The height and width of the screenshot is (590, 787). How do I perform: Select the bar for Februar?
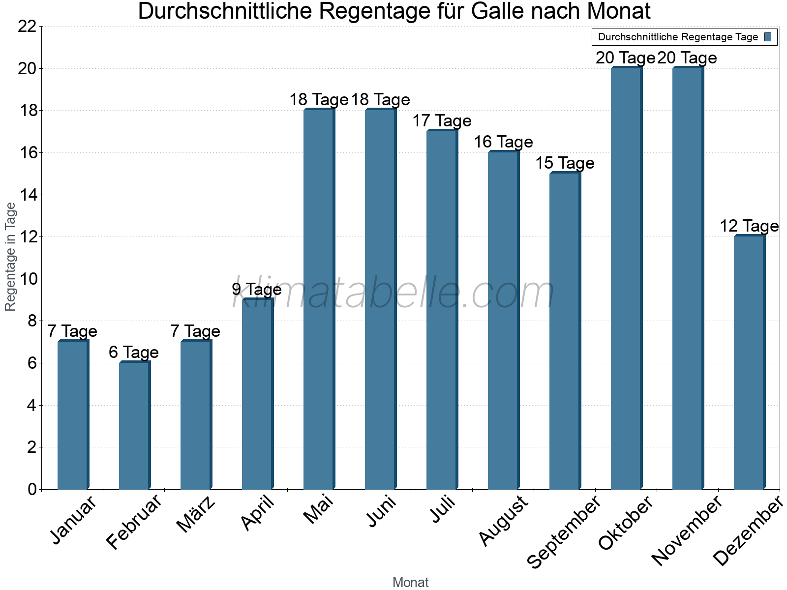click(134, 426)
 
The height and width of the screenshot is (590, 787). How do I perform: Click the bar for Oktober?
click(626, 278)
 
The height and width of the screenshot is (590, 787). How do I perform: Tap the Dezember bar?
click(749, 363)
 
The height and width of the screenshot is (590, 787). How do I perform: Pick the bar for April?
click(257, 394)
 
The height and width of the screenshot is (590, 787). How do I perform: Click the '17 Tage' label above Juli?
click(442, 121)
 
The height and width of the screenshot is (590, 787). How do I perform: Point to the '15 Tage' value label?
click(565, 163)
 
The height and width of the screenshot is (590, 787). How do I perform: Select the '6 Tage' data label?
click(134, 353)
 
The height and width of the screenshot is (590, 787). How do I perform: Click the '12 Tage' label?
click(749, 226)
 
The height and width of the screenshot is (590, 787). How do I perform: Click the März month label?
click(196, 514)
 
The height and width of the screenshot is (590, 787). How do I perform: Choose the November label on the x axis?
click(687, 531)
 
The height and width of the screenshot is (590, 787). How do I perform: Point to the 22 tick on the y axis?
click(27, 27)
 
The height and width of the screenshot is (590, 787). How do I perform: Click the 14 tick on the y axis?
click(27, 195)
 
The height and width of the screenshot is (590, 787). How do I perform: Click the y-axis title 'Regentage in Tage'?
click(11, 257)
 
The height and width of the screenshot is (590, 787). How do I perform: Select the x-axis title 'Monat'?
click(411, 583)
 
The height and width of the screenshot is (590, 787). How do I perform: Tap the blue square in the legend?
click(768, 37)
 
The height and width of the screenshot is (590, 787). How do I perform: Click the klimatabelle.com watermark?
click(393, 293)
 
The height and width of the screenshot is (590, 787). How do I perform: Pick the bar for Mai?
click(319, 299)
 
